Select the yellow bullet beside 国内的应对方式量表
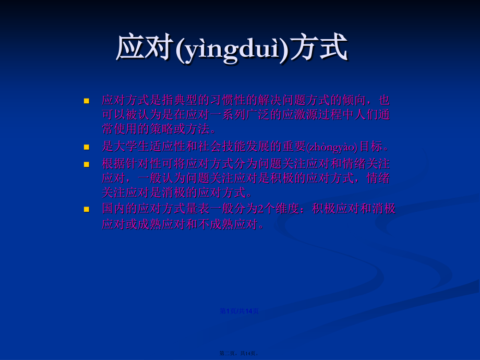coord(87,210)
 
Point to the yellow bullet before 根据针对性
coord(87,164)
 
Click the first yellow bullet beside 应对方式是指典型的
coord(87,101)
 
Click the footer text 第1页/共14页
coord(239,311)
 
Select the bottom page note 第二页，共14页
coord(239,354)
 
